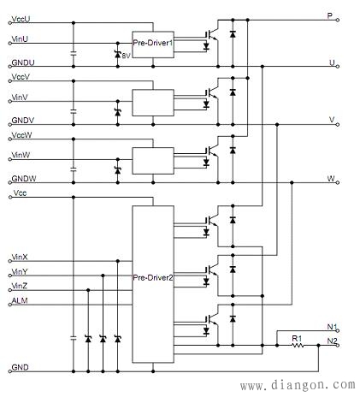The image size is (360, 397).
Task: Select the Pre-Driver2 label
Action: (x=153, y=277)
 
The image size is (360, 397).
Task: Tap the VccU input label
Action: (x=21, y=19)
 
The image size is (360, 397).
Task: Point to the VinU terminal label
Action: (x=20, y=39)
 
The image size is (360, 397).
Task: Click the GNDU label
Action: (x=23, y=62)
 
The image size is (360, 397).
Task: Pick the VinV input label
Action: (x=20, y=98)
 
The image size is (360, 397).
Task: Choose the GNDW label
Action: (x=24, y=179)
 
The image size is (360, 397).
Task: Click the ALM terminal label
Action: (x=20, y=300)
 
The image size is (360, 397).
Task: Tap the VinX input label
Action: (x=20, y=258)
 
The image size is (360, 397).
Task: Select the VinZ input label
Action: (x=20, y=286)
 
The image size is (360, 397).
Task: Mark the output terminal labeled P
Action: (x=330, y=15)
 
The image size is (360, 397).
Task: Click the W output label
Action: (x=331, y=179)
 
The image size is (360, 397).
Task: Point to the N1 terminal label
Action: (x=332, y=327)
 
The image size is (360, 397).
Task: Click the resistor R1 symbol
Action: (x=298, y=346)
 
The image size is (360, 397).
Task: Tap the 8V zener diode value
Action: (x=126, y=56)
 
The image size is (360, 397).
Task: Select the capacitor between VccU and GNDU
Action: (x=74, y=53)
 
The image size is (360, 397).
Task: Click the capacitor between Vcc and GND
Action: (x=74, y=338)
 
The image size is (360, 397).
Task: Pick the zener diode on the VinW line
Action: (x=118, y=170)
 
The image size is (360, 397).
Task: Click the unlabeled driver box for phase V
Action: (x=153, y=103)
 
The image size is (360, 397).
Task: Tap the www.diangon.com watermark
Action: (x=298, y=385)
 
